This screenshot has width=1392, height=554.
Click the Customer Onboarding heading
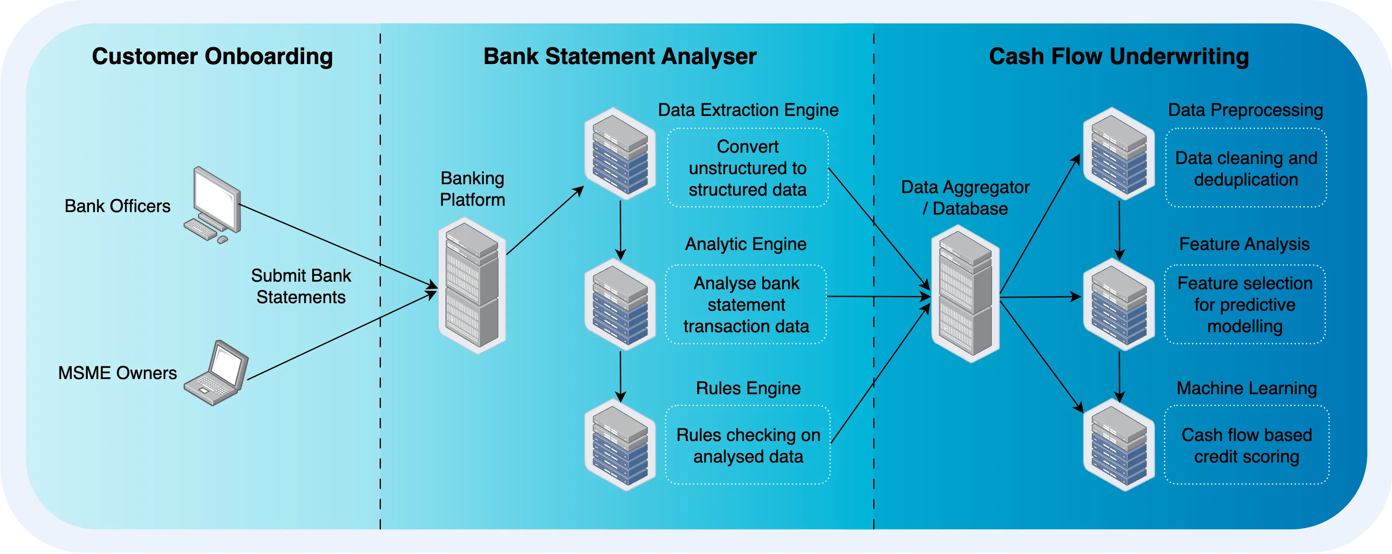click(x=212, y=56)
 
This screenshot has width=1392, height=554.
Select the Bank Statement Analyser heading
click(x=620, y=56)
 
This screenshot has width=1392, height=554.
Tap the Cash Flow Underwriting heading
click(x=1119, y=56)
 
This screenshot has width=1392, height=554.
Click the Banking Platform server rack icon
click(x=472, y=285)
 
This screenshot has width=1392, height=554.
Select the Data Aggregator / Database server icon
click(x=965, y=294)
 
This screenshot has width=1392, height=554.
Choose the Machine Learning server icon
click(x=1119, y=445)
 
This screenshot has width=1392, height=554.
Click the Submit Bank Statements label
click(x=301, y=286)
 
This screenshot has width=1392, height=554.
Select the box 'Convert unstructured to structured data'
click(x=748, y=168)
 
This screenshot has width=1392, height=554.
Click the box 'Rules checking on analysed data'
click(x=748, y=446)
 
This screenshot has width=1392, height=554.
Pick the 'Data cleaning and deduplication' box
click(x=1246, y=168)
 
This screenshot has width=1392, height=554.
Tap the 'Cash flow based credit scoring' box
click(x=1246, y=446)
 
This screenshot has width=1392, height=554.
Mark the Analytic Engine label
click(x=746, y=244)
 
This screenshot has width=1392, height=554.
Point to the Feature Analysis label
click(x=1244, y=244)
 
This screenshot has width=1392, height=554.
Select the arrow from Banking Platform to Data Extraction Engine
click(x=545, y=221)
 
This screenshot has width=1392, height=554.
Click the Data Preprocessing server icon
click(x=1119, y=153)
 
